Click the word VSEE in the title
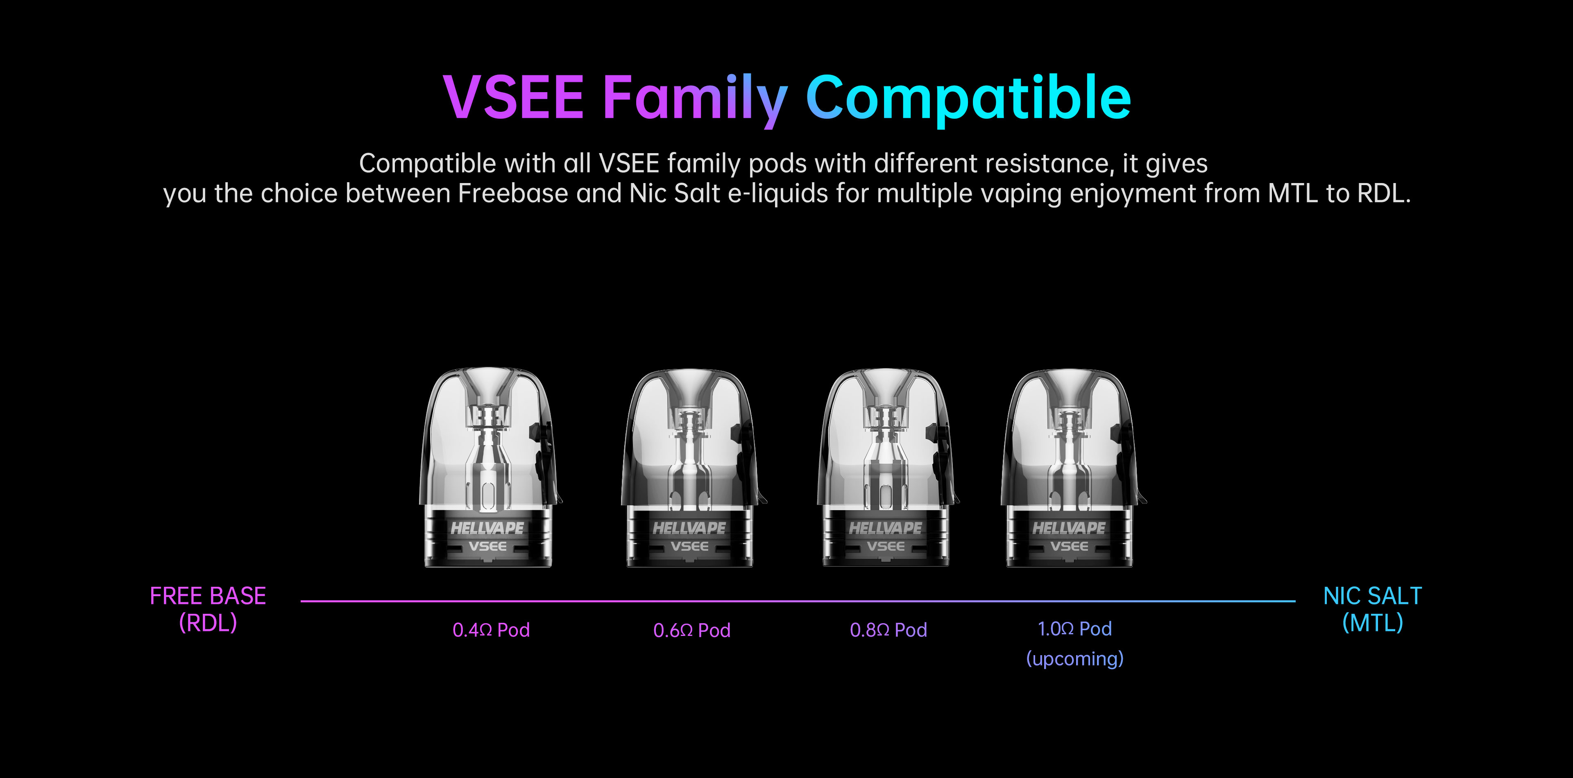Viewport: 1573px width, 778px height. coord(514,97)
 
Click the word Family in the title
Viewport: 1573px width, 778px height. coord(695,100)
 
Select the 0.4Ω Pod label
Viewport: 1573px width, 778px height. coord(491,630)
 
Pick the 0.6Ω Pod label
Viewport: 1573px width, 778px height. coord(692,630)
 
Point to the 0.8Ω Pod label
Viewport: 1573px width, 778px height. coord(888,630)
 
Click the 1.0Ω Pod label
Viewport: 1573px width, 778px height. coord(1075,629)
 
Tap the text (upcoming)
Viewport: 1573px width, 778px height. coord(1075,659)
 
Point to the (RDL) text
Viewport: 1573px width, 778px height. coord(208,623)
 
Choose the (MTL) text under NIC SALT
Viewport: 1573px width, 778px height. coord(1373,623)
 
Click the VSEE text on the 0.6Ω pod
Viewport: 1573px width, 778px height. coord(689,547)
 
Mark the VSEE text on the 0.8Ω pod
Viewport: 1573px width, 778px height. coord(885,547)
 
